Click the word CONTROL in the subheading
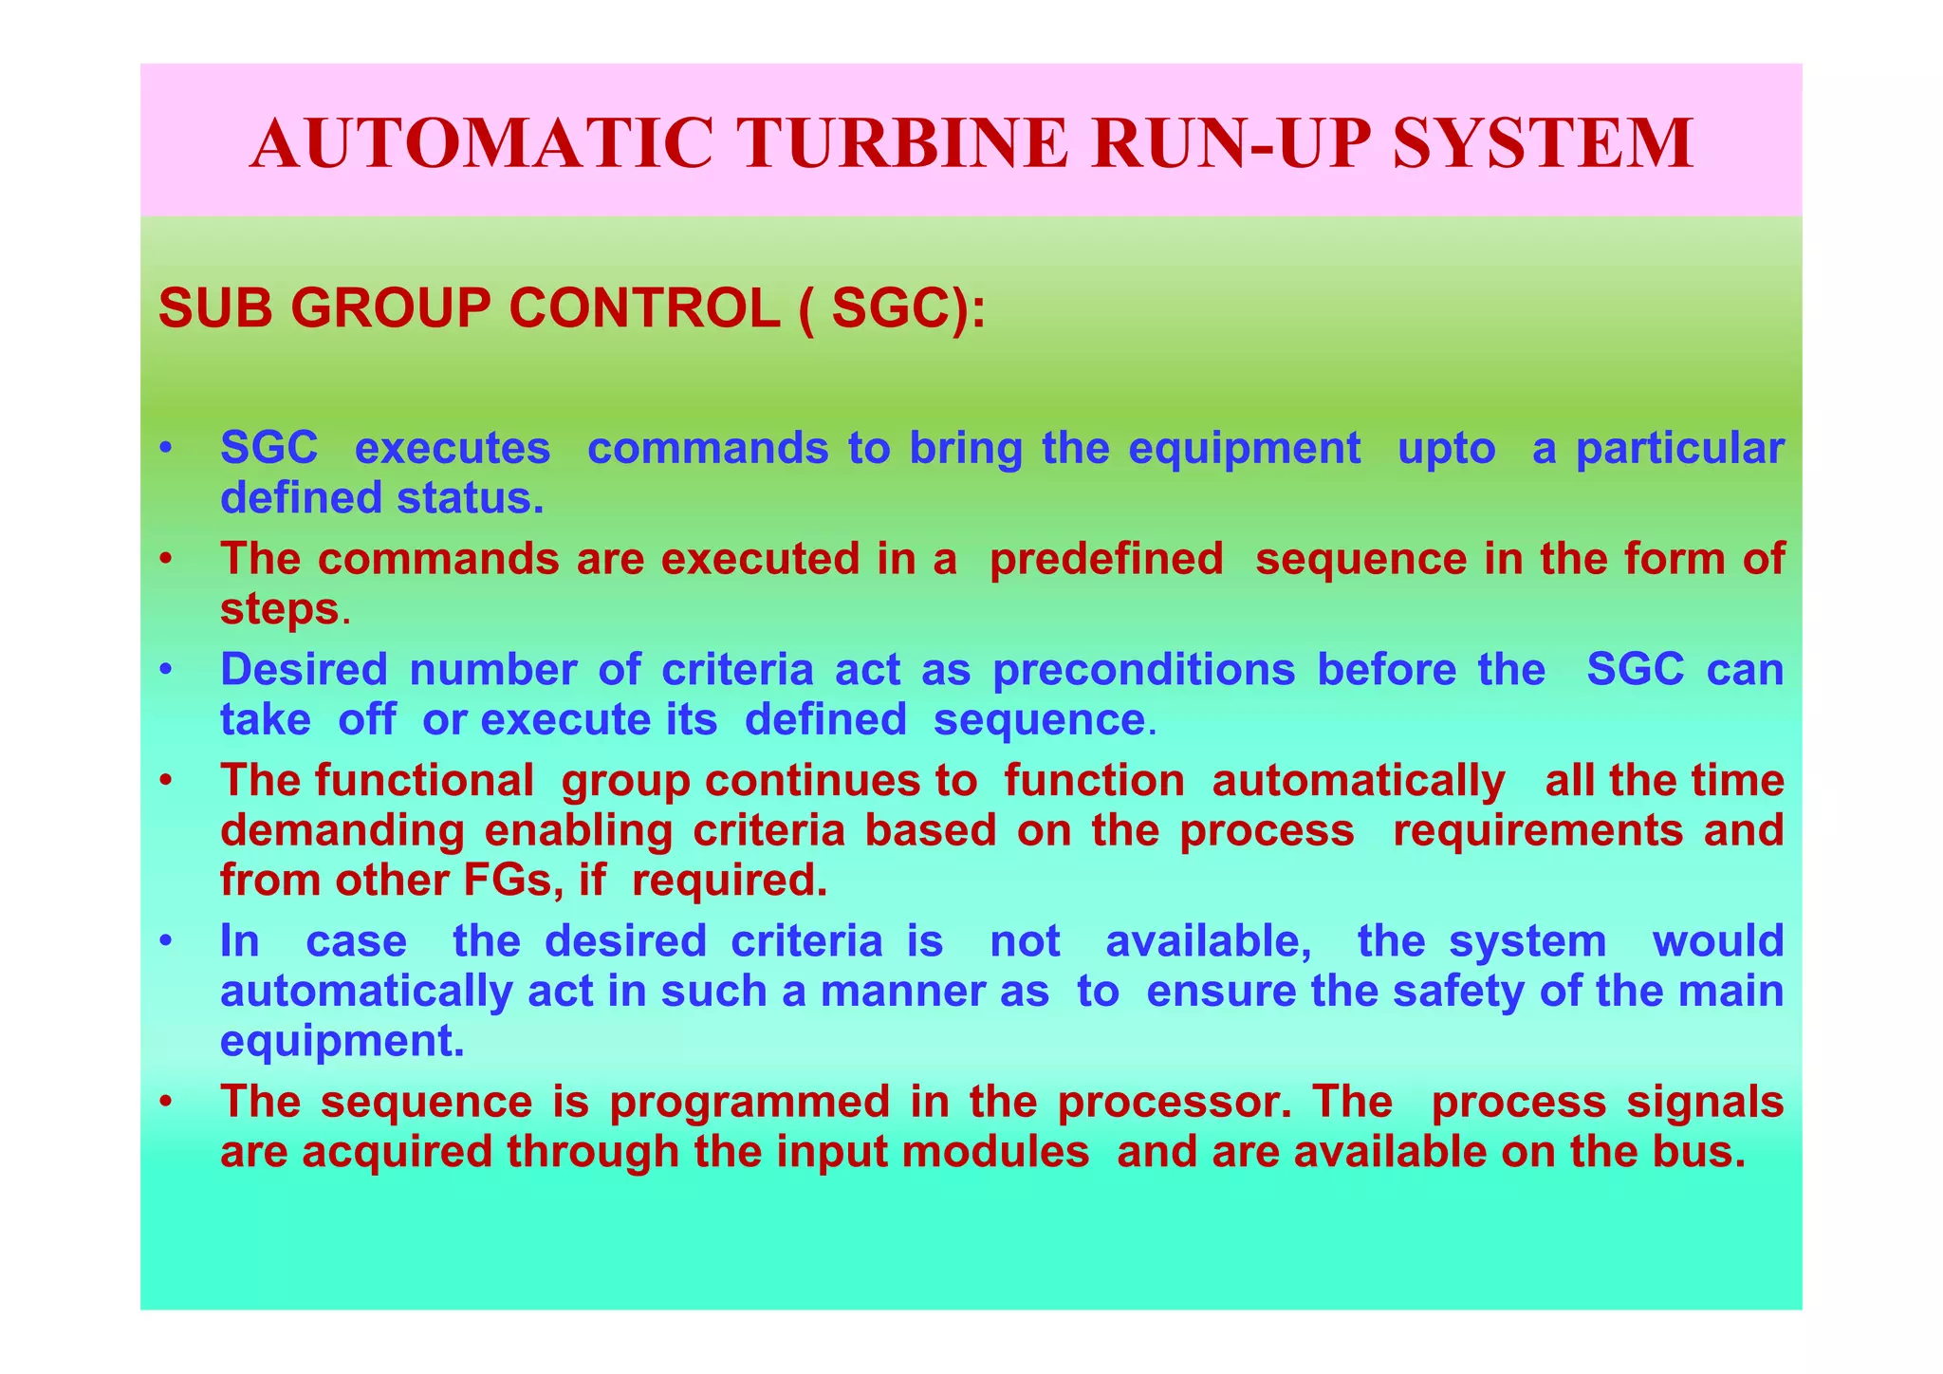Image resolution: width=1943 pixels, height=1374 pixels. click(644, 309)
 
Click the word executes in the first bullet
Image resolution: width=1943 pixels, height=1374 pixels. click(452, 448)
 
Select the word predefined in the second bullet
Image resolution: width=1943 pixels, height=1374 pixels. click(1106, 559)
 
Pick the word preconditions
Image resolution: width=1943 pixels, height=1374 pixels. click(1143, 670)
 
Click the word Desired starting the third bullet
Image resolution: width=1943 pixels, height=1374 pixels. click(304, 670)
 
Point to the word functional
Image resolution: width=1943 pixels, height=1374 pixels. click(425, 781)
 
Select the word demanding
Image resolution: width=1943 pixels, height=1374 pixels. click(342, 831)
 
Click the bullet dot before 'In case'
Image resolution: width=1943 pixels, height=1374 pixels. click(165, 941)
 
